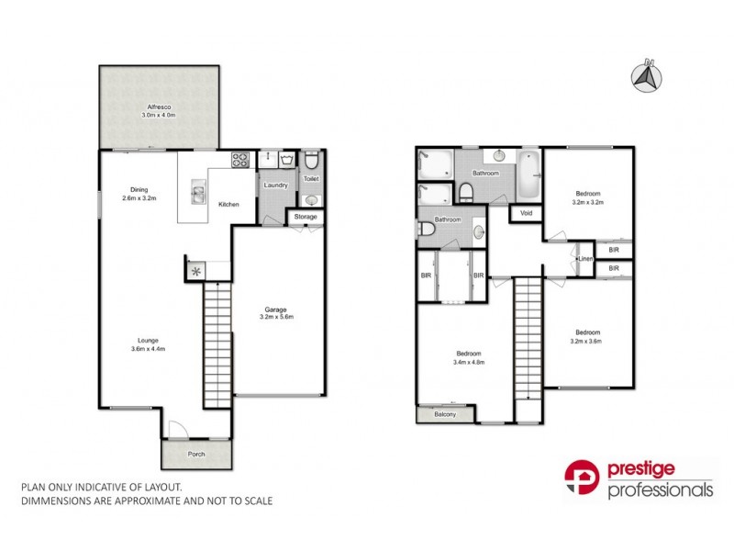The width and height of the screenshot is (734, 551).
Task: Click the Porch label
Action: tap(195, 454)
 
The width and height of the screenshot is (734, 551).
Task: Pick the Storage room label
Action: tap(306, 217)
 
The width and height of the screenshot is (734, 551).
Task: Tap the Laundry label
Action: tap(275, 186)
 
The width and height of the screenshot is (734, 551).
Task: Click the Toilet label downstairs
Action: tap(311, 179)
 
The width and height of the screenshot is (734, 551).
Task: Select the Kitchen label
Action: tap(229, 205)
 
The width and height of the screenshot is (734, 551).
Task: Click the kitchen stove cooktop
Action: tap(240, 160)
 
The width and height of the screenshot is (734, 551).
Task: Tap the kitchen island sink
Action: tap(197, 194)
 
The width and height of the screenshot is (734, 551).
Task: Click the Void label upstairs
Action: tap(526, 213)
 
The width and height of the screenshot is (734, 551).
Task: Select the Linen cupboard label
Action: tap(585, 260)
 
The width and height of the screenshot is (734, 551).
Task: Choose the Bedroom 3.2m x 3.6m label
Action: tap(587, 336)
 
